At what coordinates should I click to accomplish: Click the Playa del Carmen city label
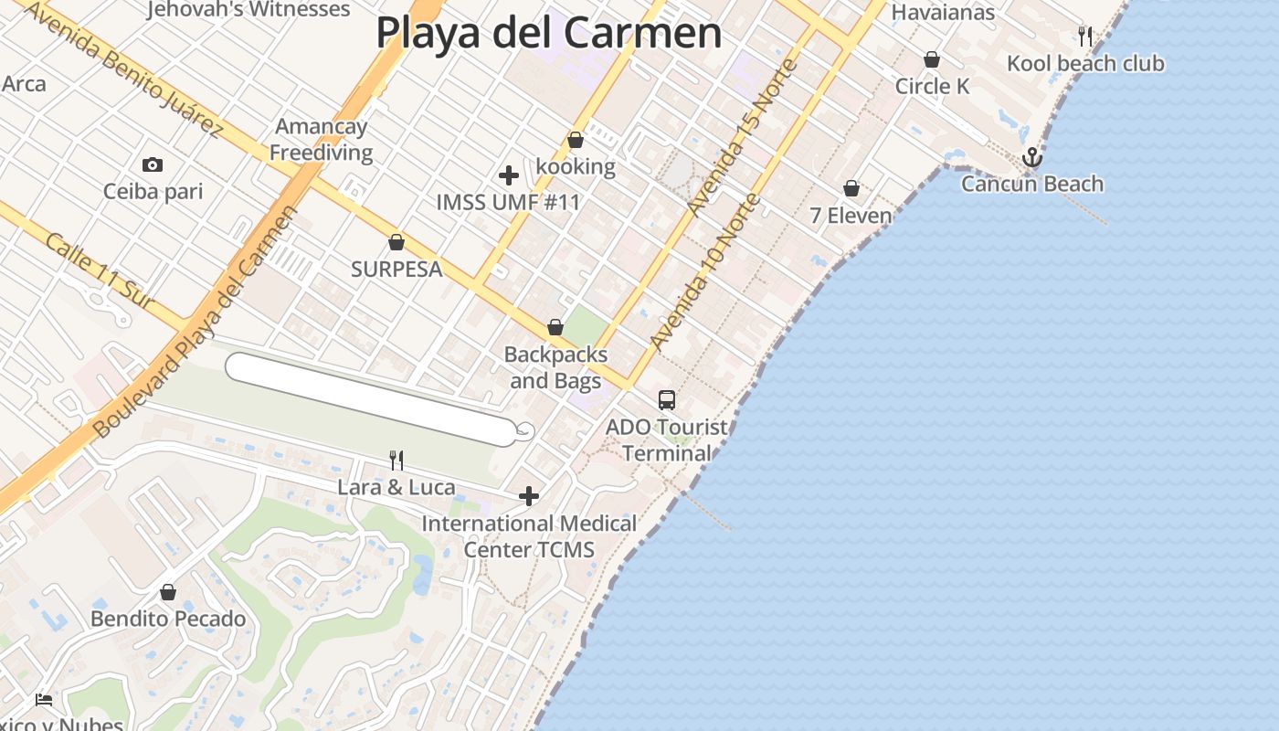tap(548, 33)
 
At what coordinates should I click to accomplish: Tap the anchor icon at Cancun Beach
tap(1032, 158)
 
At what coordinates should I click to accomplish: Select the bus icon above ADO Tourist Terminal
tap(667, 400)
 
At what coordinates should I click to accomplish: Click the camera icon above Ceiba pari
tap(153, 165)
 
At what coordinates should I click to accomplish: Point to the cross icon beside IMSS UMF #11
tap(509, 175)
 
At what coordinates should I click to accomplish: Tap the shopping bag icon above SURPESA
tap(396, 243)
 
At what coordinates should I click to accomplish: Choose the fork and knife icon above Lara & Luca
tap(396, 460)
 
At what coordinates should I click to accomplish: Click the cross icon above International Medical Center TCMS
tap(529, 496)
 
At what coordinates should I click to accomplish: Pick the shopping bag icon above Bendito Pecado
tap(168, 593)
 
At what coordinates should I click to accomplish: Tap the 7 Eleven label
tap(851, 216)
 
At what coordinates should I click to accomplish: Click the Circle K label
tap(932, 86)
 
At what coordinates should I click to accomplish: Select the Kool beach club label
tap(1085, 63)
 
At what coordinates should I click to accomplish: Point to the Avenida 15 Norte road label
tap(743, 137)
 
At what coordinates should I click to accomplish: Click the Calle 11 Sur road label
tap(98, 270)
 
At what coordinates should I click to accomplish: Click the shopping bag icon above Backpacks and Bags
tap(555, 328)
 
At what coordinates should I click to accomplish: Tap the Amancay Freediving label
tap(321, 139)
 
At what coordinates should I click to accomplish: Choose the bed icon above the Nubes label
tap(44, 700)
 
